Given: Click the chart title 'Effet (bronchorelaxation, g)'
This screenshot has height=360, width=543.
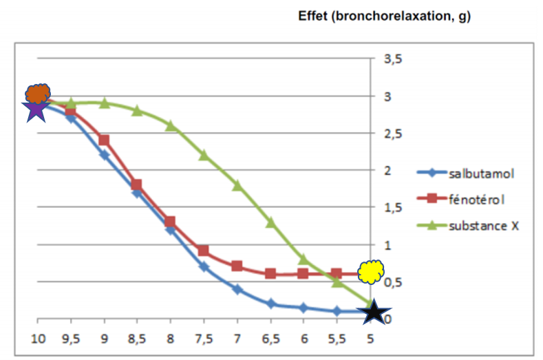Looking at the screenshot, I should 384,17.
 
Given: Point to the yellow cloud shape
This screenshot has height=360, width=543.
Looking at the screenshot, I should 372,272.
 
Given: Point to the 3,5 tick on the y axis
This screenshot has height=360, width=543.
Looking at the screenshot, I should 392,59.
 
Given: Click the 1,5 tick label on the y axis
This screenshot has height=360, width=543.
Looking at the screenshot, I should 392,208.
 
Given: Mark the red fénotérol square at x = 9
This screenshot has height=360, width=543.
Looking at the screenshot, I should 104,140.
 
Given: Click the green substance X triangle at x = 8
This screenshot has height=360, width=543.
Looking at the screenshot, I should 171,125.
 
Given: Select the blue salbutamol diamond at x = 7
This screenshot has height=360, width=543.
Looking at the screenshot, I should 237,290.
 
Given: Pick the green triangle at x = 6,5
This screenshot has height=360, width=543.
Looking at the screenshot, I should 270,222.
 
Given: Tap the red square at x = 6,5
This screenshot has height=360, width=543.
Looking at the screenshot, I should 270,274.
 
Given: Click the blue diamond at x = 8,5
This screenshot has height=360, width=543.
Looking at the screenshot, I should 137,193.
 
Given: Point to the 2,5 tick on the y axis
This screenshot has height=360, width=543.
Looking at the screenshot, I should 392,134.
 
